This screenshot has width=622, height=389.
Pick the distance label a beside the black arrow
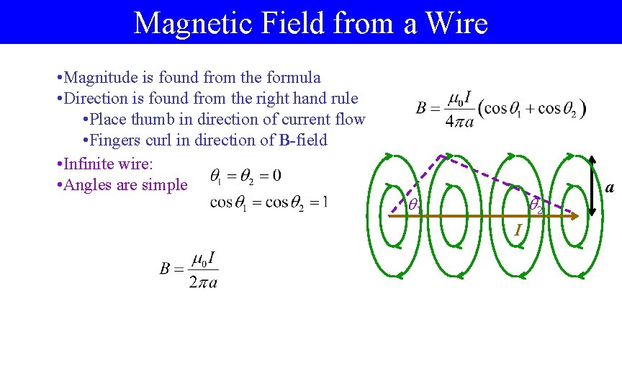[x=610, y=188]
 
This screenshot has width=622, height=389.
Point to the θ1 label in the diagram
[x=414, y=205]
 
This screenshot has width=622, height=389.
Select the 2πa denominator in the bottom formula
[x=203, y=281]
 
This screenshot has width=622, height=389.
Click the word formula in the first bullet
[x=294, y=77]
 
